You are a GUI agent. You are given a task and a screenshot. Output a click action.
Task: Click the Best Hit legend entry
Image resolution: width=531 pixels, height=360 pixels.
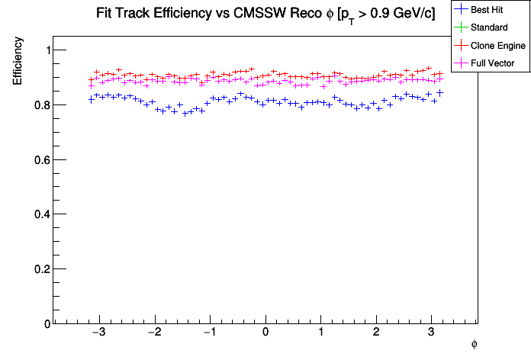(488, 10)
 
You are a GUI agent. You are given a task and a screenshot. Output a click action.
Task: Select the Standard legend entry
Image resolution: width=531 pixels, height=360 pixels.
(489, 27)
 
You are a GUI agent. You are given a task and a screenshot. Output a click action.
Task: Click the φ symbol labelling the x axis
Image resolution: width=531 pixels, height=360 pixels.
(475, 344)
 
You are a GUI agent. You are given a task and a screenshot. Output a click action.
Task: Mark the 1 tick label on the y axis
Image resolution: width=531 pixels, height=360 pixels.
(43, 50)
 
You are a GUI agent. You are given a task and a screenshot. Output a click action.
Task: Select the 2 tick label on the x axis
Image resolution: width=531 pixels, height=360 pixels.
(376, 333)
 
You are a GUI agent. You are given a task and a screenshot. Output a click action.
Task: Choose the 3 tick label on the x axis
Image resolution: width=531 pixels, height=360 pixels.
(431, 333)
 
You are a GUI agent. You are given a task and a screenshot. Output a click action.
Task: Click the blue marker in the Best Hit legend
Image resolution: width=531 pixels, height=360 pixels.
(462, 10)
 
